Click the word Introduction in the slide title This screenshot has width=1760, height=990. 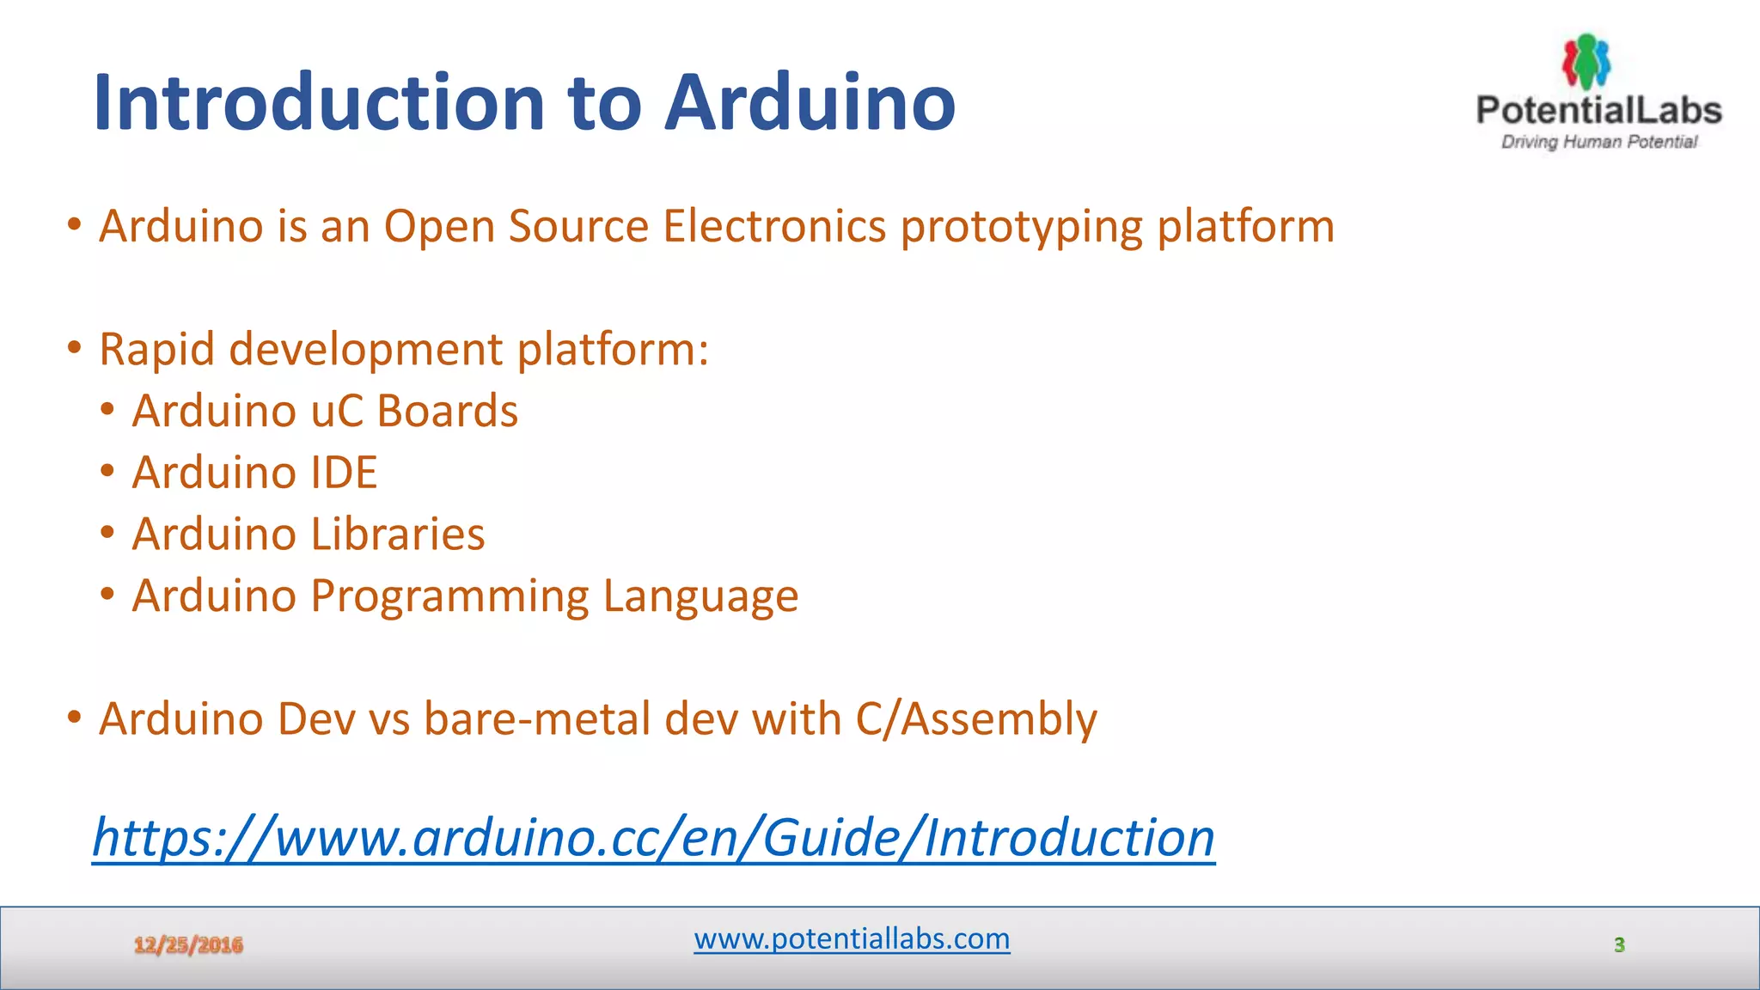point(318,103)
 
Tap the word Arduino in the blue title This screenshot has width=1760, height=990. point(810,103)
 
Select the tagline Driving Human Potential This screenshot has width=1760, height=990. point(1598,142)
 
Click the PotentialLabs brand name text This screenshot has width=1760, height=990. point(1598,110)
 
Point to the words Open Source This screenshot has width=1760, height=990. point(516,227)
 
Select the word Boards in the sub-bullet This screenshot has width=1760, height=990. point(447,411)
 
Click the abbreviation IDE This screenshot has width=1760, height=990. point(344,473)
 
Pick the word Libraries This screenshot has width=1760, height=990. point(397,535)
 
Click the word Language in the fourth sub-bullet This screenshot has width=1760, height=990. point(700,597)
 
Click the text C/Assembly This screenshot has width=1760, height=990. point(976,720)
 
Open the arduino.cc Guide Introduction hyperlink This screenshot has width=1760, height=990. point(653,838)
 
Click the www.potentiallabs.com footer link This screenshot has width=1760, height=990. point(852,938)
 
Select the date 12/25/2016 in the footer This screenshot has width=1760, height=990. point(188,945)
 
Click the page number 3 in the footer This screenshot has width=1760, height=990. point(1619,945)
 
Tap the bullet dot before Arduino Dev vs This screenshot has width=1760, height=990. point(75,717)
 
